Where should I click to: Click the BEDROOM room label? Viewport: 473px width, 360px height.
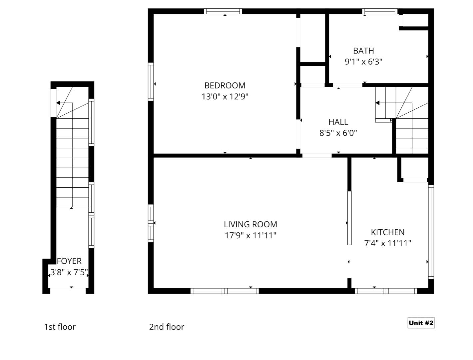click(x=225, y=86)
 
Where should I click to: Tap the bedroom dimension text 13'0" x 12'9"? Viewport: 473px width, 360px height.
click(x=225, y=97)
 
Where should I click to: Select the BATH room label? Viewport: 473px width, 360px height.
click(x=363, y=51)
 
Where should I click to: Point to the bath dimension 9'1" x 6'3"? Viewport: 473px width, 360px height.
click(x=363, y=62)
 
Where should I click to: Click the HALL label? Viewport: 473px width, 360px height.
click(x=338, y=122)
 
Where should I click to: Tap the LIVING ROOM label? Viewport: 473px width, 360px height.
click(x=250, y=224)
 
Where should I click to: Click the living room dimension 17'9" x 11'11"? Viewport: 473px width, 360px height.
click(x=250, y=236)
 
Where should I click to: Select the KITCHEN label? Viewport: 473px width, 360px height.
click(x=388, y=232)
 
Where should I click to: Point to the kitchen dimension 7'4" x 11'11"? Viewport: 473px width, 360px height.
click(x=388, y=243)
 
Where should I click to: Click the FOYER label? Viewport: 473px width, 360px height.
click(x=69, y=261)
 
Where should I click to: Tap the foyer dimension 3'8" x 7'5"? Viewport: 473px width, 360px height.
click(x=69, y=272)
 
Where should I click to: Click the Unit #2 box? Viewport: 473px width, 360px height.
click(x=421, y=323)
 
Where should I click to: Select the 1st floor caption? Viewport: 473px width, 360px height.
click(x=60, y=327)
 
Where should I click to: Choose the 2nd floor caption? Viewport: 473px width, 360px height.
click(x=167, y=327)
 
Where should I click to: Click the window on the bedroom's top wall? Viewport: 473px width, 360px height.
click(x=223, y=11)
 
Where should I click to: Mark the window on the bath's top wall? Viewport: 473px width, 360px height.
click(x=380, y=11)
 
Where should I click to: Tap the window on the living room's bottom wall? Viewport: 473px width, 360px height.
click(x=225, y=291)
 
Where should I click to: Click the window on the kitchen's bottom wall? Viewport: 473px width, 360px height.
click(x=386, y=291)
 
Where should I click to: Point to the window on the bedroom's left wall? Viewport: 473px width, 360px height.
click(x=151, y=82)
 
